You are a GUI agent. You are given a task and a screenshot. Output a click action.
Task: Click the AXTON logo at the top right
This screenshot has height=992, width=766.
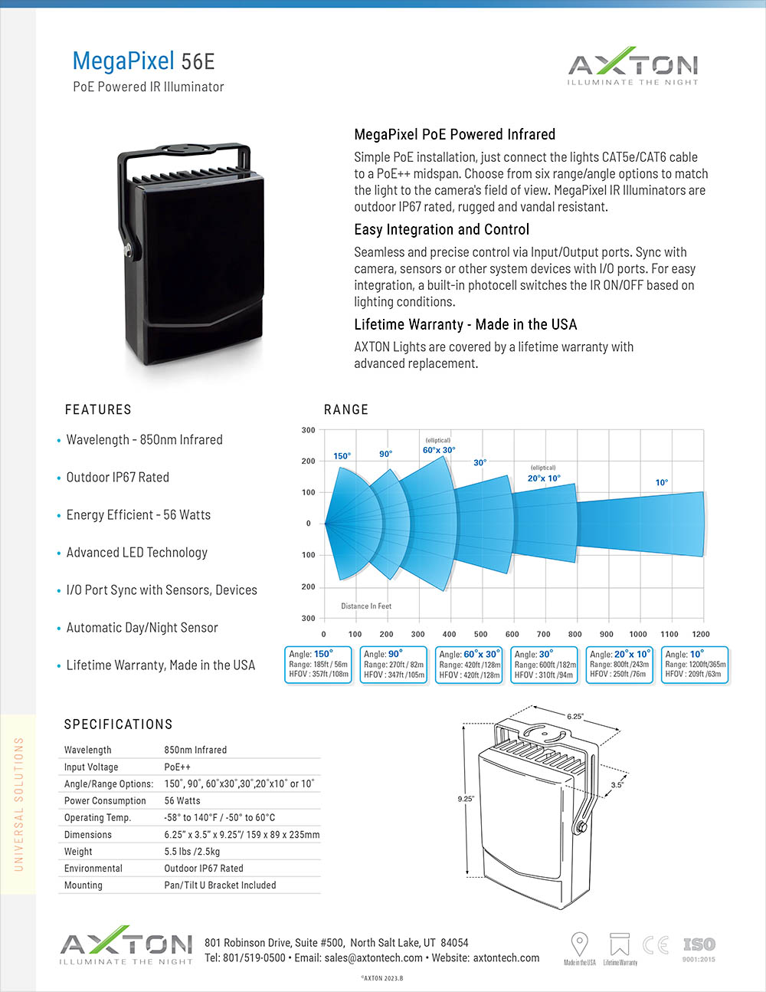tap(633, 67)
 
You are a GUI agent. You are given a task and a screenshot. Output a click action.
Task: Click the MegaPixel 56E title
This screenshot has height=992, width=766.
tap(143, 61)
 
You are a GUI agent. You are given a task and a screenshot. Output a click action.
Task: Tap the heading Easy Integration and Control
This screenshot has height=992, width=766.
tap(441, 229)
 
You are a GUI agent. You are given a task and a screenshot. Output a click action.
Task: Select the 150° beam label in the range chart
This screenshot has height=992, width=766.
tap(342, 456)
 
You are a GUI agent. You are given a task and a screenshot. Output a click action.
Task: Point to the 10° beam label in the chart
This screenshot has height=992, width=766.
tap(662, 482)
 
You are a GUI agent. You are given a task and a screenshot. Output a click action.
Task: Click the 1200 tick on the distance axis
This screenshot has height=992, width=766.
tap(700, 634)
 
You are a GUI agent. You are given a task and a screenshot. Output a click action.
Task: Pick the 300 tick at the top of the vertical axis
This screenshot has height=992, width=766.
tap(308, 430)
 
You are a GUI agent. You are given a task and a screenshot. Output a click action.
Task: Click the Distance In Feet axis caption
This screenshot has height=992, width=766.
tap(366, 606)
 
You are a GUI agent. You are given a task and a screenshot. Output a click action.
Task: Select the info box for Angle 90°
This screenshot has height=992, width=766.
tap(394, 665)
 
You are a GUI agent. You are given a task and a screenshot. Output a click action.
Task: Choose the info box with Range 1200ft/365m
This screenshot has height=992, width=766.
tap(695, 665)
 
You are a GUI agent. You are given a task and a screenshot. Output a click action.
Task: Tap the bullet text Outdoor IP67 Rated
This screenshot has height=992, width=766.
tap(117, 477)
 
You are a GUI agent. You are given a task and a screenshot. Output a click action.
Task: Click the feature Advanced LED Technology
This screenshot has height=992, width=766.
tap(136, 552)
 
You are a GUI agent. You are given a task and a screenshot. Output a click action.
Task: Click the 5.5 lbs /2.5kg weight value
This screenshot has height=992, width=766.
tap(192, 851)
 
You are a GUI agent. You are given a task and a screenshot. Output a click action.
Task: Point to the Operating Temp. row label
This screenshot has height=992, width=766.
tap(97, 817)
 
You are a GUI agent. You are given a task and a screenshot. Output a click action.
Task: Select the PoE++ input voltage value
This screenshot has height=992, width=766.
tap(177, 767)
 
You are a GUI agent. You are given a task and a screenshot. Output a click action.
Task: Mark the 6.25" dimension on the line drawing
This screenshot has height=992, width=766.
tap(575, 717)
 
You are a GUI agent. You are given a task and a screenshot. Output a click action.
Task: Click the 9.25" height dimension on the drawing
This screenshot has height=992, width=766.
tap(466, 799)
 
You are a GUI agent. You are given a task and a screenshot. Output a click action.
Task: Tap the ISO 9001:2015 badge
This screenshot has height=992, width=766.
tap(699, 948)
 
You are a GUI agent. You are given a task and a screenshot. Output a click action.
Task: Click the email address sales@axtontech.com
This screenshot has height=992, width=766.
tap(373, 958)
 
